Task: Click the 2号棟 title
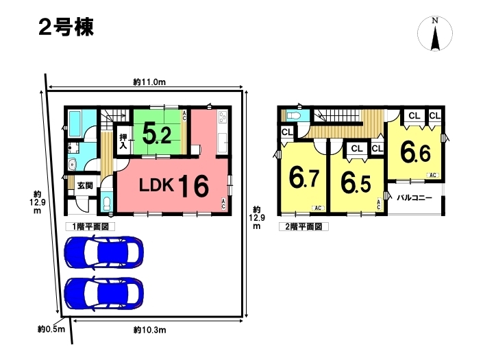click(x=66, y=27)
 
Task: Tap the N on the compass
click(x=435, y=21)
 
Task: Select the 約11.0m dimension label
click(x=149, y=82)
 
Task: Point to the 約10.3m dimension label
click(x=150, y=330)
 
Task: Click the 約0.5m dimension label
click(x=51, y=329)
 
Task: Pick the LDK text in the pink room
click(x=156, y=185)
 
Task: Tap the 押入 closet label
click(x=123, y=141)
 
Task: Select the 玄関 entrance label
click(x=85, y=186)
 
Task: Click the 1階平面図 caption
click(x=90, y=227)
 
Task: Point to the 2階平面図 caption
click(x=304, y=227)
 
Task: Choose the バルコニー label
click(x=414, y=197)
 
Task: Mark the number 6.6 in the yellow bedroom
click(x=415, y=152)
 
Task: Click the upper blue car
click(x=104, y=252)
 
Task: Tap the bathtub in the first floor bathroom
click(x=75, y=123)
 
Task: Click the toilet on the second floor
click(x=295, y=116)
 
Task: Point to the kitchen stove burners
click(x=223, y=117)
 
